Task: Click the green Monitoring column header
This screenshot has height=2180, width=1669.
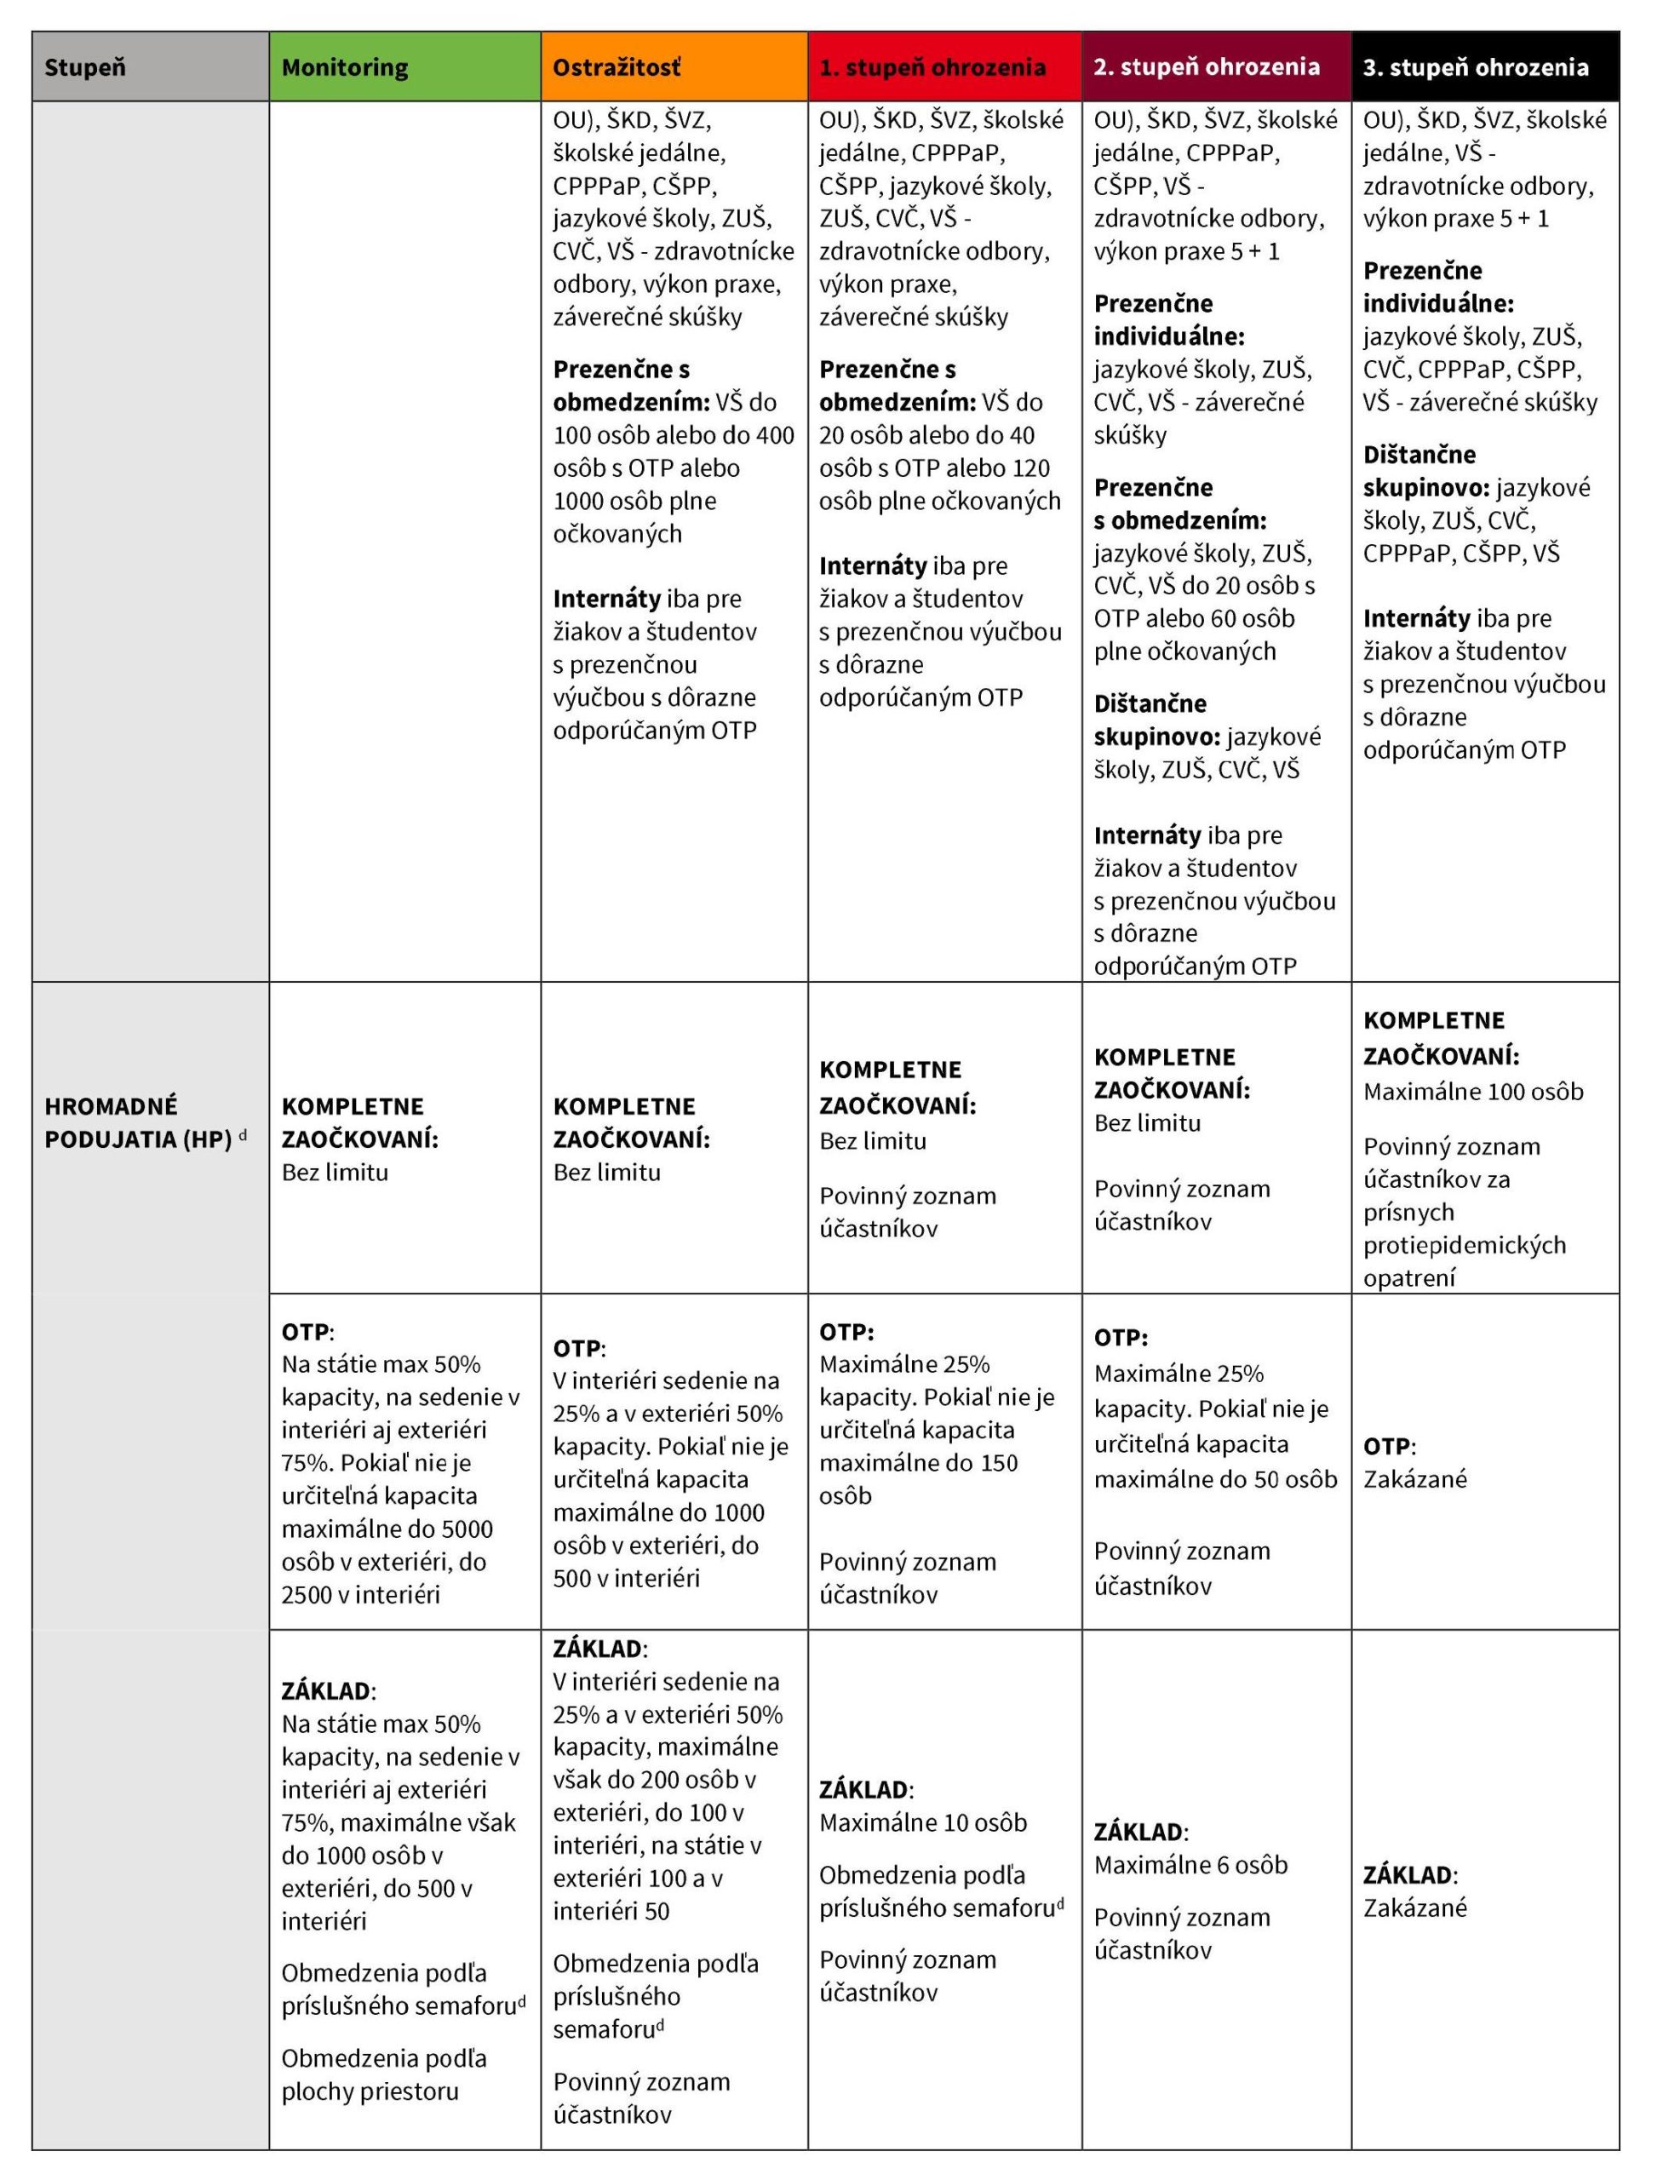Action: (x=345, y=67)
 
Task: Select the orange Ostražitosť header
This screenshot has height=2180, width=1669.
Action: (x=617, y=67)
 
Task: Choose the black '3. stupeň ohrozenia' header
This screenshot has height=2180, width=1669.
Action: (x=1475, y=67)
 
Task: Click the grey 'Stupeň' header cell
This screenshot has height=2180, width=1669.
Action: (x=85, y=67)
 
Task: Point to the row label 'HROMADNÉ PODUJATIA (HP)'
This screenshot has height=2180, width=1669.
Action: (x=139, y=1122)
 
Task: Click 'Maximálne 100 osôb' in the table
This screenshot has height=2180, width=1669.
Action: (x=1472, y=1092)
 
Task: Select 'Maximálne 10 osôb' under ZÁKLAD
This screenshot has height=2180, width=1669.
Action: (x=923, y=1822)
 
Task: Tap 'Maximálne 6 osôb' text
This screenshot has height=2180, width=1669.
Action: (x=1190, y=1865)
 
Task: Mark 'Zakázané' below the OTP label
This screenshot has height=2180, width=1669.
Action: (x=1414, y=1478)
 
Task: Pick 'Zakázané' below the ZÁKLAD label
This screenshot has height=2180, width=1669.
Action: (x=1414, y=1907)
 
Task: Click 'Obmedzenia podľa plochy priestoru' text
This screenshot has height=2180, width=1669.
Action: (x=383, y=2074)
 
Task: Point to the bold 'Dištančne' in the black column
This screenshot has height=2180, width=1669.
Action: (x=1419, y=455)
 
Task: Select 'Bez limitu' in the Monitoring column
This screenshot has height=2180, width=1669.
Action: (x=335, y=1173)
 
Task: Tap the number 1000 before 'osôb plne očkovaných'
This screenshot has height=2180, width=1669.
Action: (x=580, y=501)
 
